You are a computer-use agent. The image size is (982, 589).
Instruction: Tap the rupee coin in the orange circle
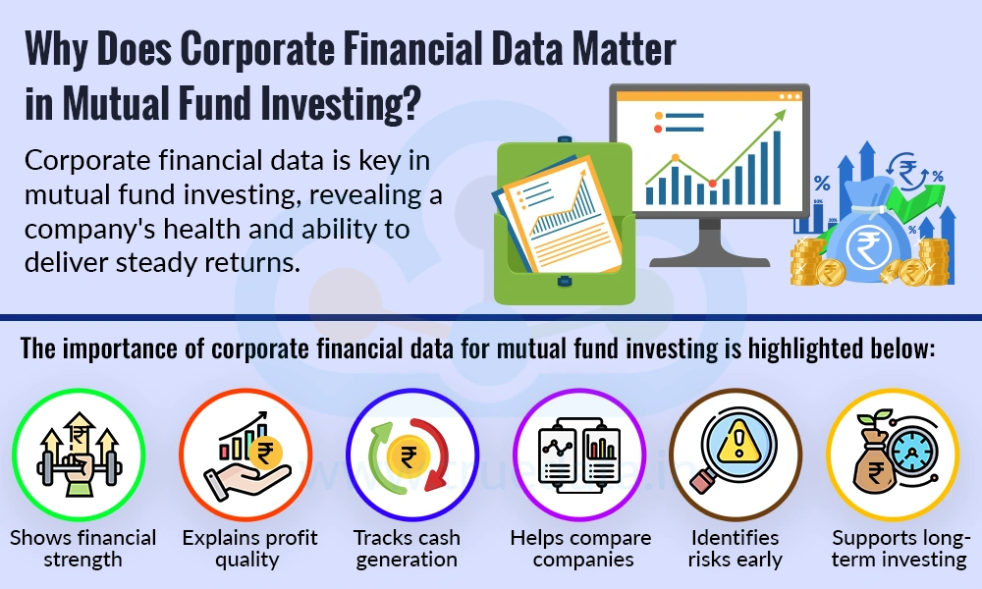[x=263, y=455]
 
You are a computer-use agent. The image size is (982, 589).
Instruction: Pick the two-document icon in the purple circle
[x=579, y=456]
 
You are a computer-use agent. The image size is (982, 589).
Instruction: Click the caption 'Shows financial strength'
[x=82, y=549]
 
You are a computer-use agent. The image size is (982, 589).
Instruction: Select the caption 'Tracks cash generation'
[x=406, y=549]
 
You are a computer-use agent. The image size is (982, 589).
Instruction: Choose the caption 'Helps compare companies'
[x=580, y=549]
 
